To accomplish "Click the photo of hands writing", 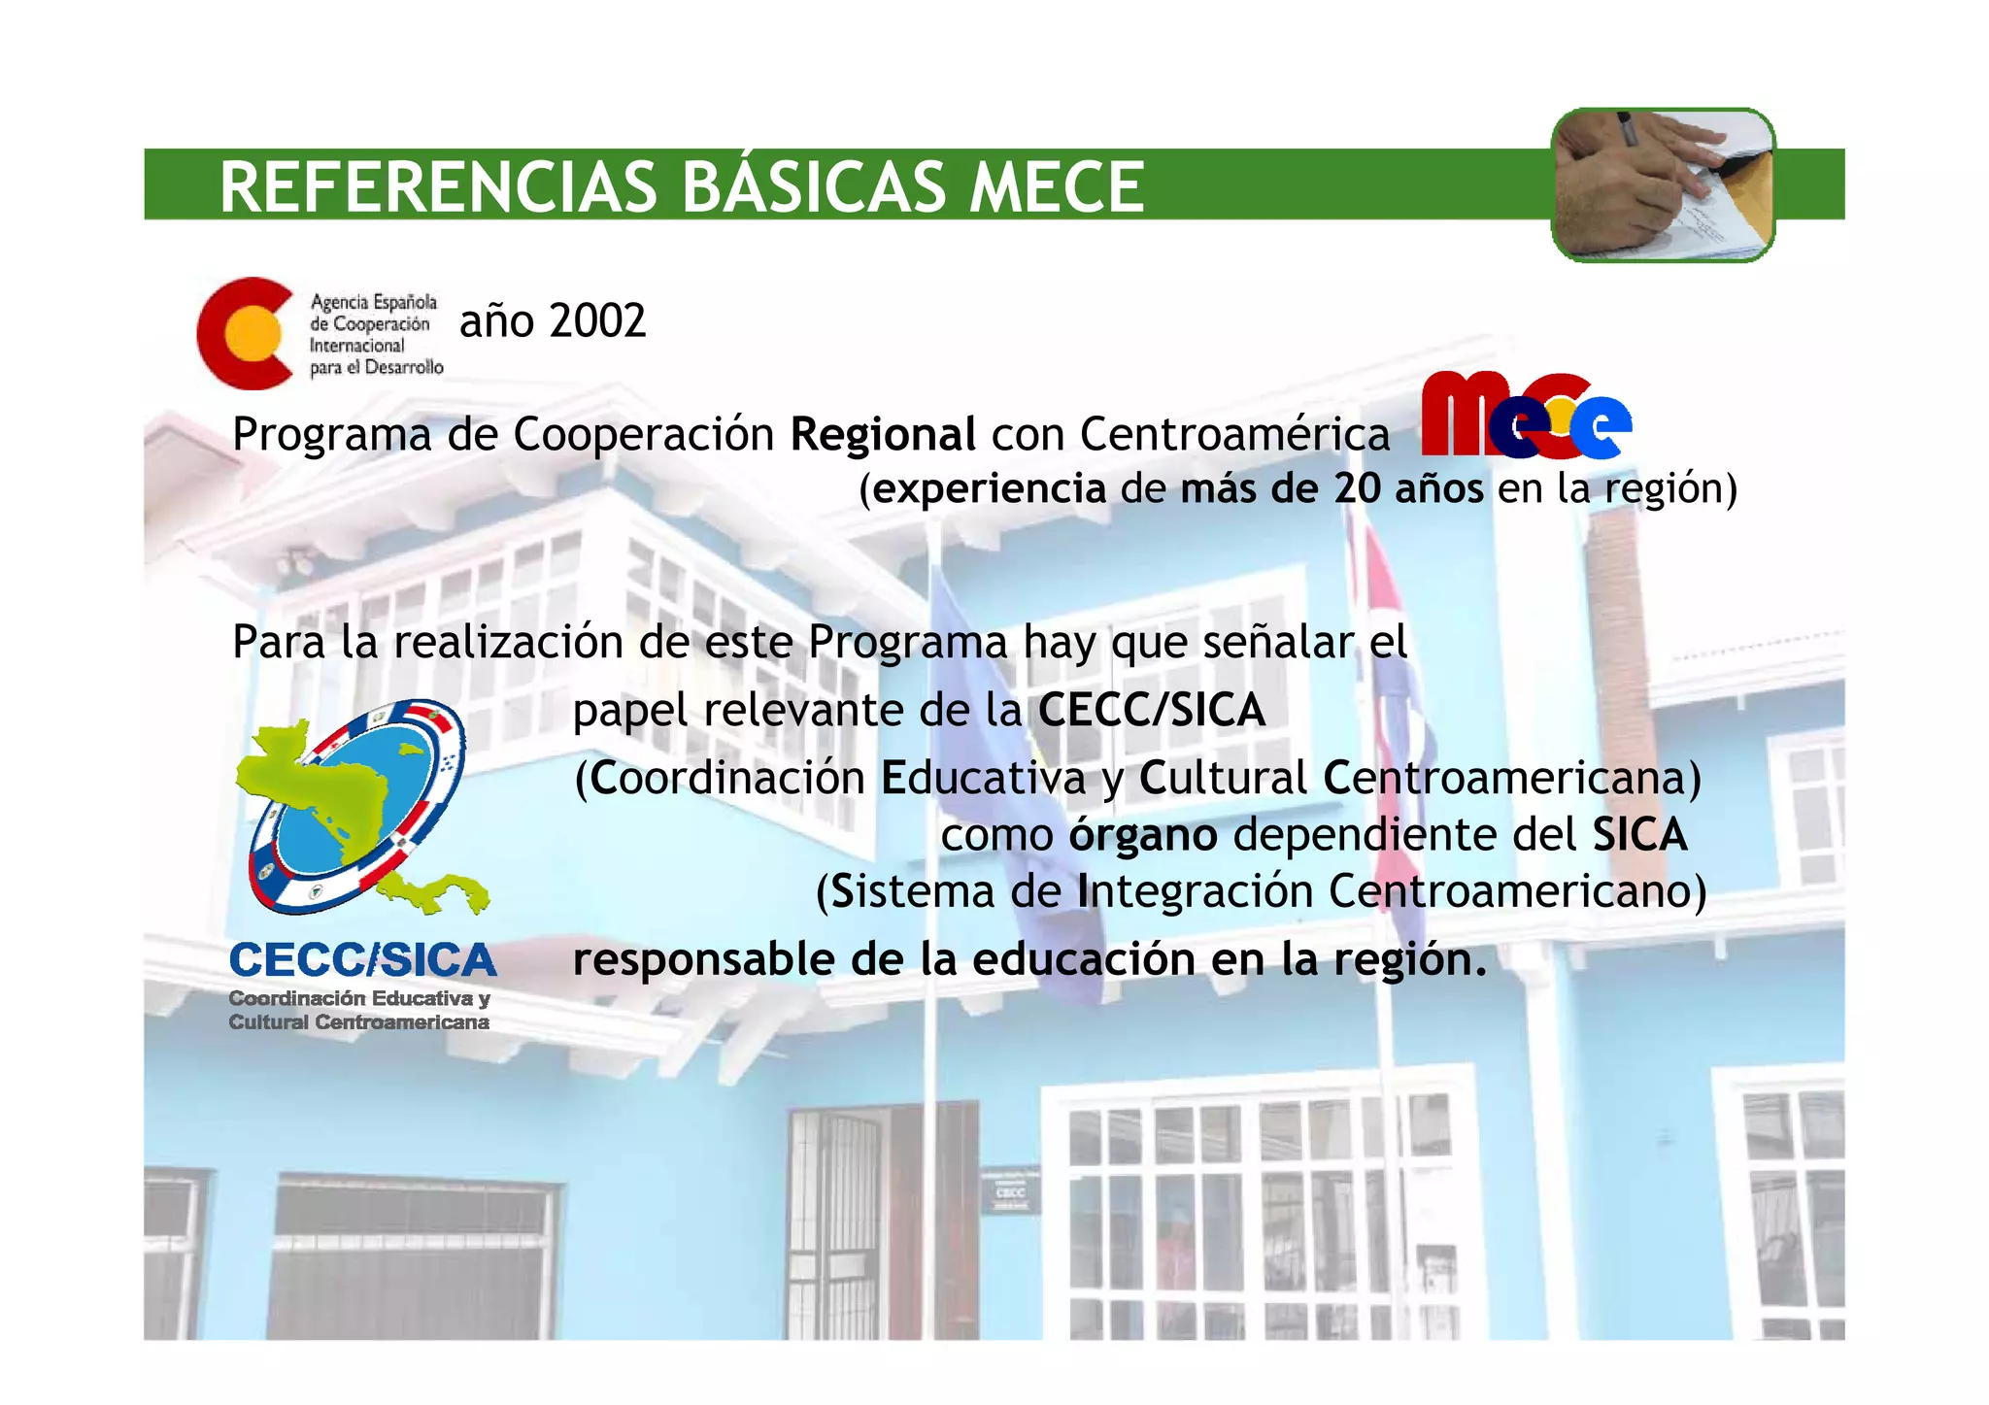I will [1663, 184].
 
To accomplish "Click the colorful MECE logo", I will [1525, 415].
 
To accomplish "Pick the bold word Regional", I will [883, 434].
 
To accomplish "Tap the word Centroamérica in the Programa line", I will [1234, 434].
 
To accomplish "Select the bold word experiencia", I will [989, 488].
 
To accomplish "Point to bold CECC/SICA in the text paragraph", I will [1152, 710].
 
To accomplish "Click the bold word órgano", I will [1143, 835].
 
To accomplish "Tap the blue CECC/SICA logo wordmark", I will [362, 960].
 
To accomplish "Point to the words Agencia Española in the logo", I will [373, 303].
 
